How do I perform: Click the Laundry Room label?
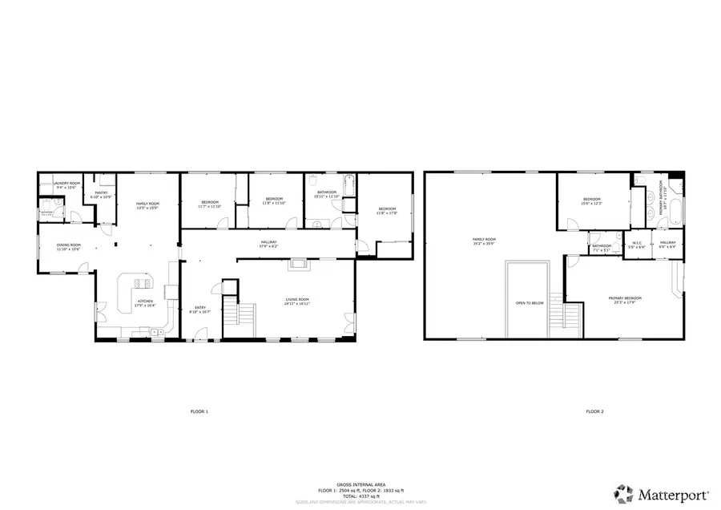67,184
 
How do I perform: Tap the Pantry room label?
101,193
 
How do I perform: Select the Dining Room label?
68,245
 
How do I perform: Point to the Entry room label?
199,308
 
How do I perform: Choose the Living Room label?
297,301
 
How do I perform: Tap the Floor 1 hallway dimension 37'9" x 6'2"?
268,246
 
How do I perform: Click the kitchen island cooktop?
141,282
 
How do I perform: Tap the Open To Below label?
530,303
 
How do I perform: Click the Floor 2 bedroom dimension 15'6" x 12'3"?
592,204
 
